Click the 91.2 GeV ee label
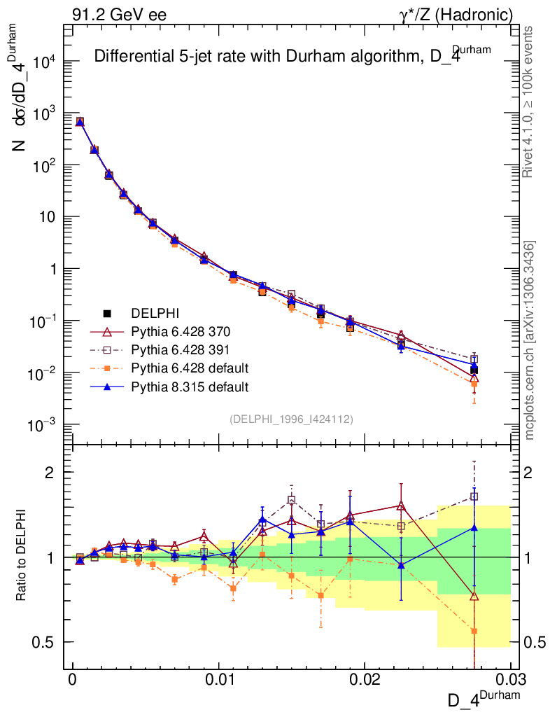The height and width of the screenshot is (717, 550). [119, 14]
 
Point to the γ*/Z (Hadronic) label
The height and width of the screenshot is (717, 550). [463, 14]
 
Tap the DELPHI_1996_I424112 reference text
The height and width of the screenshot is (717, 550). [291, 419]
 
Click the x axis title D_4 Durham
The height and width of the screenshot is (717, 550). [485, 699]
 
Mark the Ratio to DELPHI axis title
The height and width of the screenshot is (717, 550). [23, 557]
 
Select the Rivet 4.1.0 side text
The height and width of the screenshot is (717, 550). [530, 102]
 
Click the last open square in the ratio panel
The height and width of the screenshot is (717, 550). [474, 496]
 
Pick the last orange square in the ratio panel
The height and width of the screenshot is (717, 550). [474, 631]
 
